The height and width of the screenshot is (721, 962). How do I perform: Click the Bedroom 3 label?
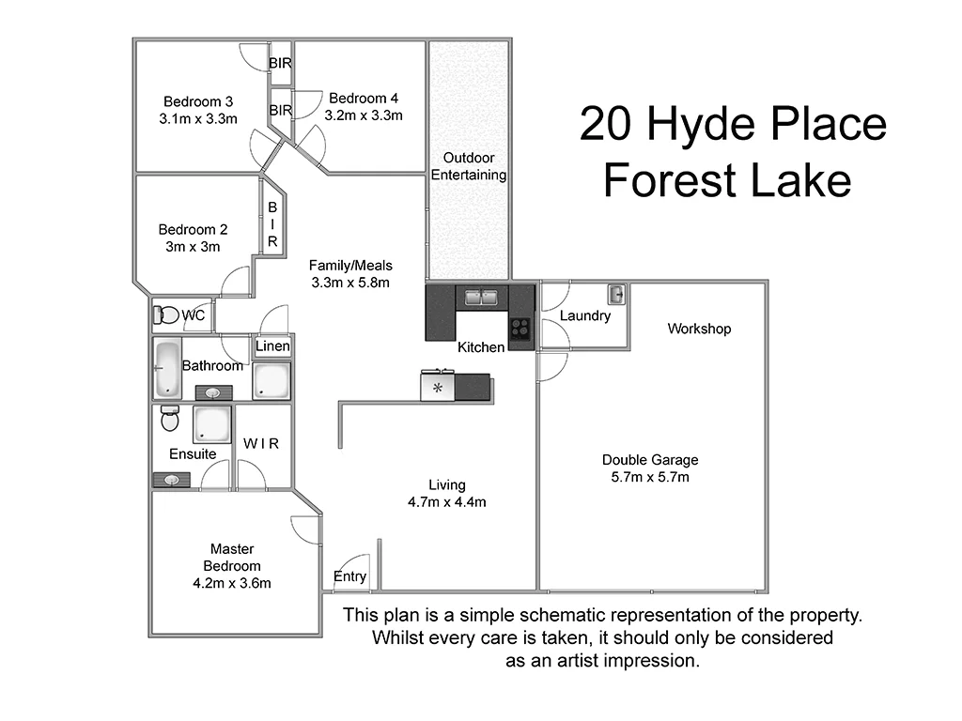(197, 101)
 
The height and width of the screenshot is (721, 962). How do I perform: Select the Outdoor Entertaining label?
(469, 166)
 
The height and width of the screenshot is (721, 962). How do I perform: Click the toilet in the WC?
(166, 315)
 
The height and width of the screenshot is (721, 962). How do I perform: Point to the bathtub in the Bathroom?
(168, 367)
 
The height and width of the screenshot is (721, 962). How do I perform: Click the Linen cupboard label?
(272, 346)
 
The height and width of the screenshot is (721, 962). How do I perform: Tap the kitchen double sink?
(482, 298)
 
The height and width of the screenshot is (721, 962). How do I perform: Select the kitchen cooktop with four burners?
(520, 329)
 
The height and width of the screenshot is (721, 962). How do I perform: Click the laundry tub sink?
(616, 295)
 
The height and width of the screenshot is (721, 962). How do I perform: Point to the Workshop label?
(699, 329)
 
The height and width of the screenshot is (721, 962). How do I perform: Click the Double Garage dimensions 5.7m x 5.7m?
(650, 477)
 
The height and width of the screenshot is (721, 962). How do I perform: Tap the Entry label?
(350, 576)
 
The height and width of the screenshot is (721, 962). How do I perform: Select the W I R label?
(261, 443)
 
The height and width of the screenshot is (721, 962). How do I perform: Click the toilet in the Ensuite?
(170, 418)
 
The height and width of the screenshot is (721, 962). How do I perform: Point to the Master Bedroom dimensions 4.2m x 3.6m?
(231, 583)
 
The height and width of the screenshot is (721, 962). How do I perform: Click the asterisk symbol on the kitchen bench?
(437, 387)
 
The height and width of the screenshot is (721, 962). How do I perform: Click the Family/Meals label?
(350, 265)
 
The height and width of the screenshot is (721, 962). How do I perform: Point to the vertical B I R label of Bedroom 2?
(272, 224)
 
